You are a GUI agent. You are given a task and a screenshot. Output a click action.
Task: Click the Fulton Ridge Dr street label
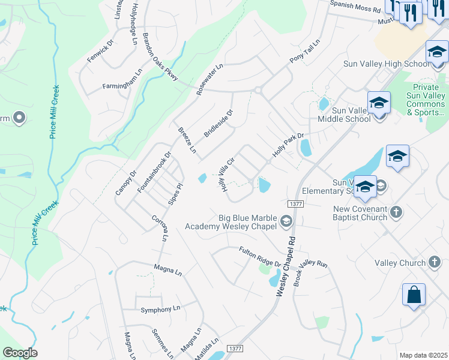[x=260, y=257]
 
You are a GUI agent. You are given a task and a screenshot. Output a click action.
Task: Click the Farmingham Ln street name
[x=122, y=86]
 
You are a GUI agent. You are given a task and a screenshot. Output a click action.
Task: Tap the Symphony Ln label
[x=160, y=310]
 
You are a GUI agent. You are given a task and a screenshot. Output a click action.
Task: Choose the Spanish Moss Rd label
[x=355, y=10]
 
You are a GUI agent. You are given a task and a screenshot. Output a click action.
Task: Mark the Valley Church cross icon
[x=434, y=263]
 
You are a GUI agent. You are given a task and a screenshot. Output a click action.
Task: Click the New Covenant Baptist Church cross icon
[x=396, y=212]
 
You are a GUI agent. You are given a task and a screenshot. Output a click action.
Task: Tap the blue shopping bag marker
[x=414, y=295]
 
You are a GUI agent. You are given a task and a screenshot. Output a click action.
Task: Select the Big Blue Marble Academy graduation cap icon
[x=286, y=221]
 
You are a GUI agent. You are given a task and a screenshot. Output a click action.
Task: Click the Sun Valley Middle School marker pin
[x=379, y=104]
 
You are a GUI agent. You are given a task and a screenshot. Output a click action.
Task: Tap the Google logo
[x=20, y=353]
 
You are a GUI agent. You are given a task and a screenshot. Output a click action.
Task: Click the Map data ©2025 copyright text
[x=423, y=355]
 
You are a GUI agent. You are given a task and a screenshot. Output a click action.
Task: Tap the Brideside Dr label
[x=218, y=122]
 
